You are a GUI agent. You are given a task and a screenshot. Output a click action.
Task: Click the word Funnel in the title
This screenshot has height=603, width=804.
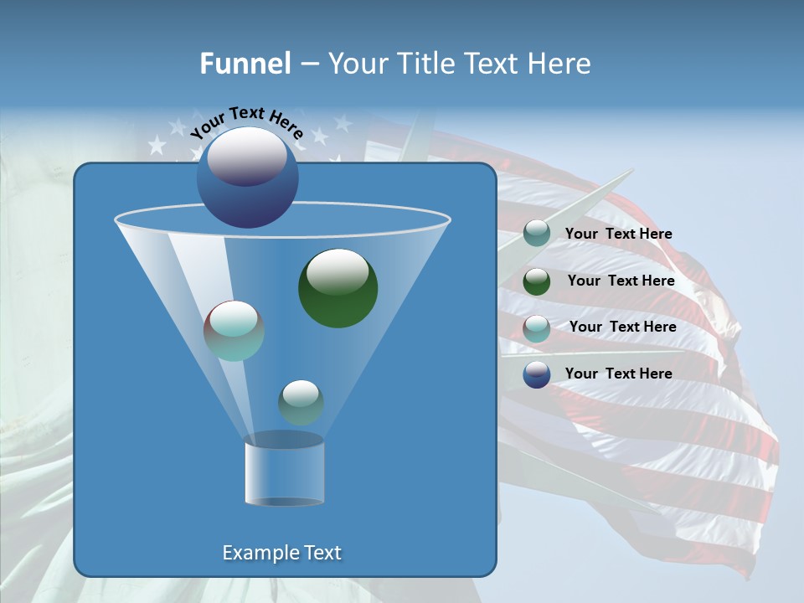[245, 64]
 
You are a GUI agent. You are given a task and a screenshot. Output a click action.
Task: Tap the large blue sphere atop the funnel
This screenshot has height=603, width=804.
[247, 178]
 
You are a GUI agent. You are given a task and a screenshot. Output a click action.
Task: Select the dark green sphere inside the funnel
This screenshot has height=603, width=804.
[338, 288]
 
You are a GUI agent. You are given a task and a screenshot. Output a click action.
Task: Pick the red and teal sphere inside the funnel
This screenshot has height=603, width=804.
[234, 331]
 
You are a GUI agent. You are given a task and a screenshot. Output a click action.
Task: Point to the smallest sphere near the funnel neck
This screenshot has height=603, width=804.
[301, 402]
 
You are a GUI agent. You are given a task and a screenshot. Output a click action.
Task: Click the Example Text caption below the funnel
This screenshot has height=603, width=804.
[281, 553]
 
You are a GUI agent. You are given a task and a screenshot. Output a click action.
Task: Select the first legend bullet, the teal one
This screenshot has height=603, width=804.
[537, 234]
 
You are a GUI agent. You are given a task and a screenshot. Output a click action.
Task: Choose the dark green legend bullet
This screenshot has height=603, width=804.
[537, 281]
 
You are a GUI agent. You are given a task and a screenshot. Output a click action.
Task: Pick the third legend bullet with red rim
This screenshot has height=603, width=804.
[537, 327]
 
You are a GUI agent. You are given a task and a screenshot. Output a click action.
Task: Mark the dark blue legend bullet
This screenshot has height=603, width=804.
[537, 374]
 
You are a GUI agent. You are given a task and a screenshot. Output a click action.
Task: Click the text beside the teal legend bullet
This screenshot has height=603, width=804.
[618, 234]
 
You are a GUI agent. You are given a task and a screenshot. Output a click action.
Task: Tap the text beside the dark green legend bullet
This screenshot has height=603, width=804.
[621, 281]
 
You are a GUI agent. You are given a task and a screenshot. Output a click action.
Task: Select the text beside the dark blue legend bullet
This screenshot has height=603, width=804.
[618, 374]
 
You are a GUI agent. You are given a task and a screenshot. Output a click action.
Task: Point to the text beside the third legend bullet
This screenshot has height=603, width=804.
[622, 327]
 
